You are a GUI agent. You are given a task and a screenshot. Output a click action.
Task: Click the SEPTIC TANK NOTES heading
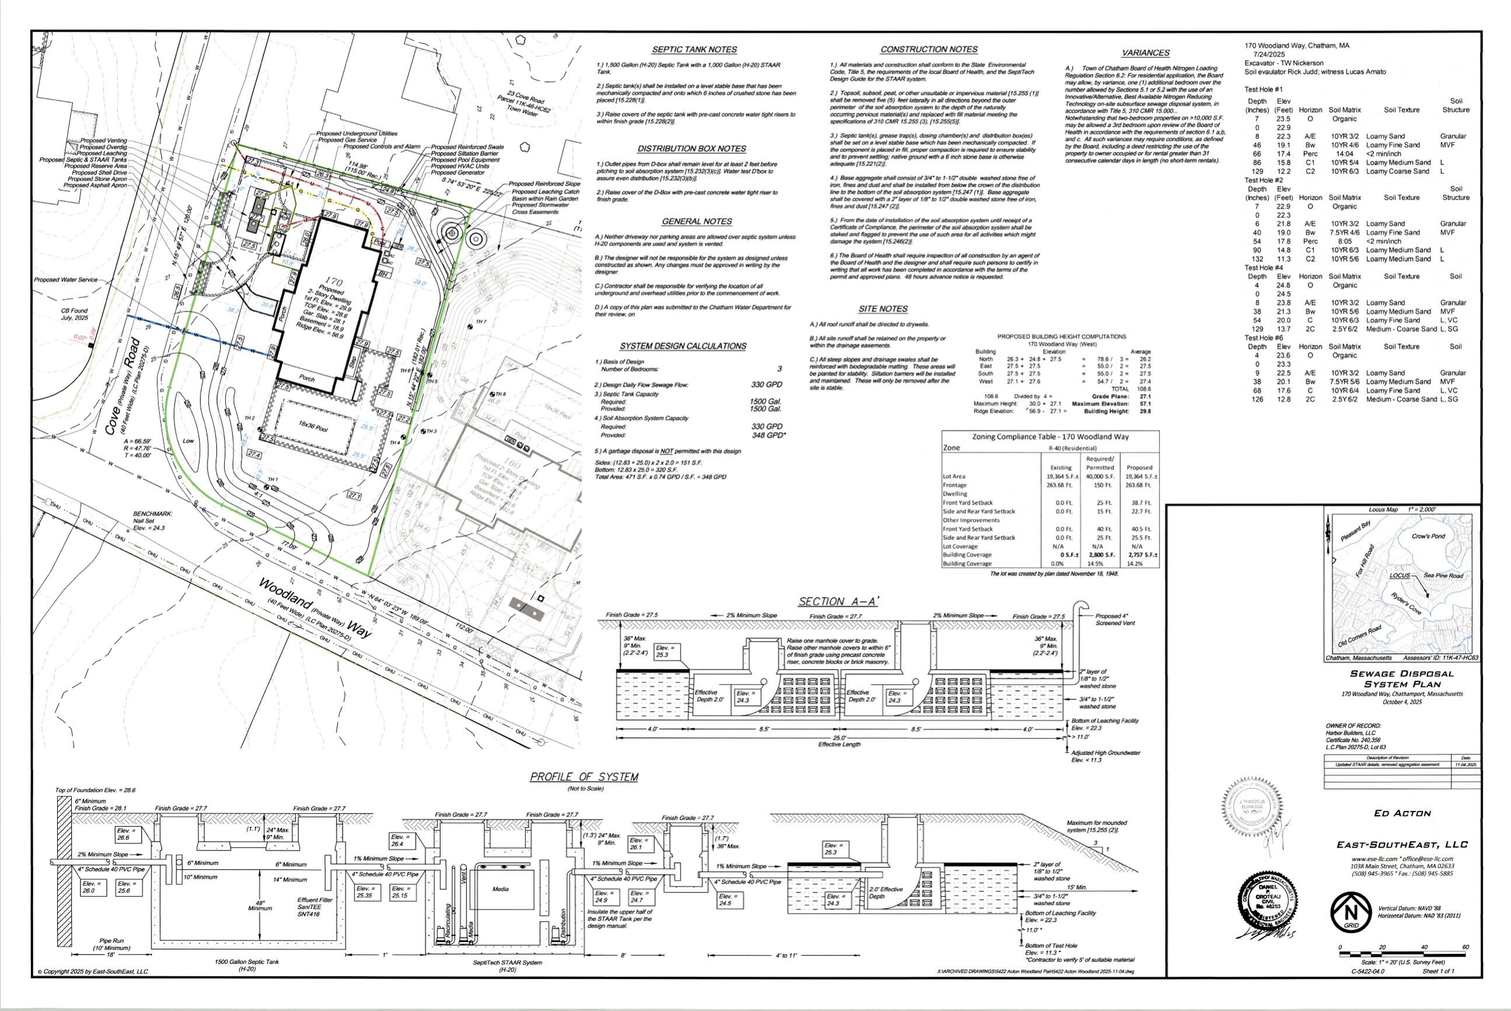[x=694, y=50]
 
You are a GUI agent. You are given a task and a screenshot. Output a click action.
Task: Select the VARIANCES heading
[x=1145, y=53]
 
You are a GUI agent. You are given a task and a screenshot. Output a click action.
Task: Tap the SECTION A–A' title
[x=838, y=601]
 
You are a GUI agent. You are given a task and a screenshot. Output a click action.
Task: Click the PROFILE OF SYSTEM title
[x=584, y=777]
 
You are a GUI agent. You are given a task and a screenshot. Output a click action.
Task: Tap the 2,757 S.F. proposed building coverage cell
[x=1142, y=554]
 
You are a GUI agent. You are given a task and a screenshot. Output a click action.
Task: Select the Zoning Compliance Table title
[x=1050, y=436]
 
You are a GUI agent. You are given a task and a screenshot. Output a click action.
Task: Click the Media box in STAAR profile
[x=500, y=890]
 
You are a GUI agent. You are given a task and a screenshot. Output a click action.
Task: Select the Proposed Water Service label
[x=66, y=280]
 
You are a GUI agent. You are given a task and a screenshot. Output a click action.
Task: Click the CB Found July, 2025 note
[x=75, y=314]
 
